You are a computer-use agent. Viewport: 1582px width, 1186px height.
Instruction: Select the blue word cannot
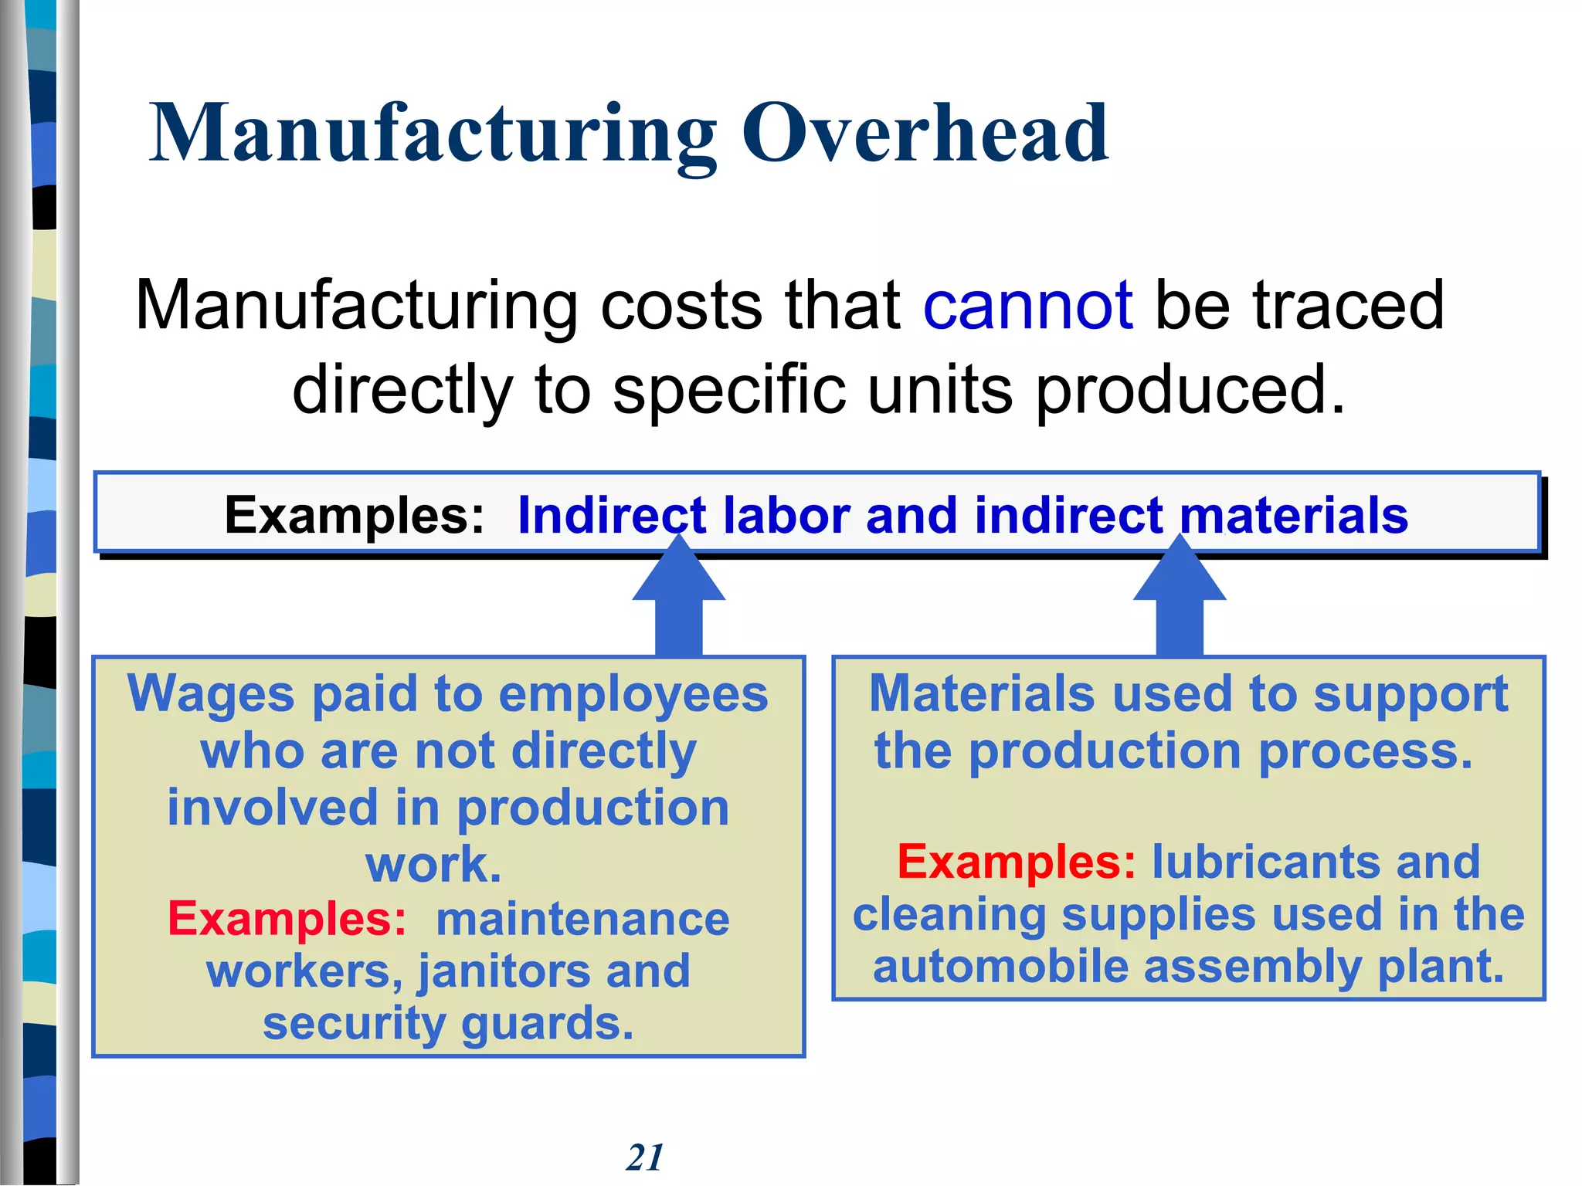(x=1027, y=306)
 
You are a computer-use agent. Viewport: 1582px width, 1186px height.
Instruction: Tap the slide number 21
(x=645, y=1157)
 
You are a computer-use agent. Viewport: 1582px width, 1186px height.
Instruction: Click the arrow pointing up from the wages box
(x=679, y=602)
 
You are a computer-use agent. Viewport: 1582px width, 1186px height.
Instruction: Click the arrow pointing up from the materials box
(x=1180, y=602)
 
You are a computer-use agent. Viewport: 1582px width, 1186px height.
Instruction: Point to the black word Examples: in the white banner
(x=355, y=515)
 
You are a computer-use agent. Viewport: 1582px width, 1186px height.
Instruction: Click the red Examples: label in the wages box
(x=287, y=919)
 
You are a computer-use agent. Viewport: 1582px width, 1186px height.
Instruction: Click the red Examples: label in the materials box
(x=1017, y=862)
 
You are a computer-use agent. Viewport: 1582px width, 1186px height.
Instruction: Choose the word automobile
(x=1000, y=967)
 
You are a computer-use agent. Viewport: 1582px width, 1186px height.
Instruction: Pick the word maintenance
(x=582, y=919)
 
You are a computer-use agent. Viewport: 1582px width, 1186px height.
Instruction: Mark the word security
(x=354, y=1024)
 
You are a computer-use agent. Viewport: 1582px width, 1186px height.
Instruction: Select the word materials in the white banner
(x=1294, y=515)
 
